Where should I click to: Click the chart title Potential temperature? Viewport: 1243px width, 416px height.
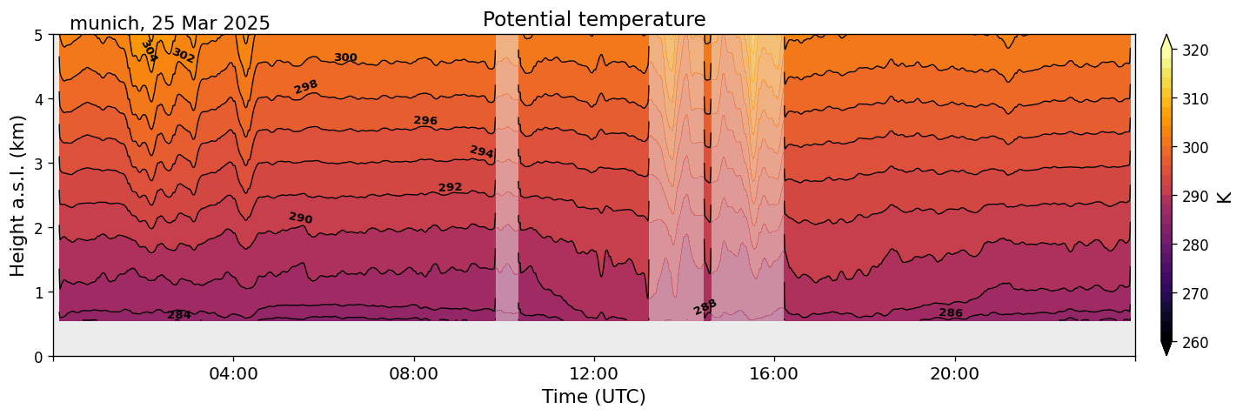(594, 19)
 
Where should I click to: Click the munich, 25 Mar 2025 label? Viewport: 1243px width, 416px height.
(170, 23)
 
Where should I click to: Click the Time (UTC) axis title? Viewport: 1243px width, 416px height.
(594, 397)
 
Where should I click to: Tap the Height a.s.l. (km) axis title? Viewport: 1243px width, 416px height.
(18, 195)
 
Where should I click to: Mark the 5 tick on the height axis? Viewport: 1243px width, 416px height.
(39, 35)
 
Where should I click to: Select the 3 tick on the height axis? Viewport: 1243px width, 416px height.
(39, 164)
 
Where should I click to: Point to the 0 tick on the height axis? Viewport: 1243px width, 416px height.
(39, 356)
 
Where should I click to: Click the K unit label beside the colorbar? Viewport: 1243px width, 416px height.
(1225, 197)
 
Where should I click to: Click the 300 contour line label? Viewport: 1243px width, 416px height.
(345, 57)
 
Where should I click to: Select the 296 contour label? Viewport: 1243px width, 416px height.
(425, 120)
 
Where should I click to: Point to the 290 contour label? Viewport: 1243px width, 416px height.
(300, 218)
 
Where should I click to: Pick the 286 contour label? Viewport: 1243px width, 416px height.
(951, 312)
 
